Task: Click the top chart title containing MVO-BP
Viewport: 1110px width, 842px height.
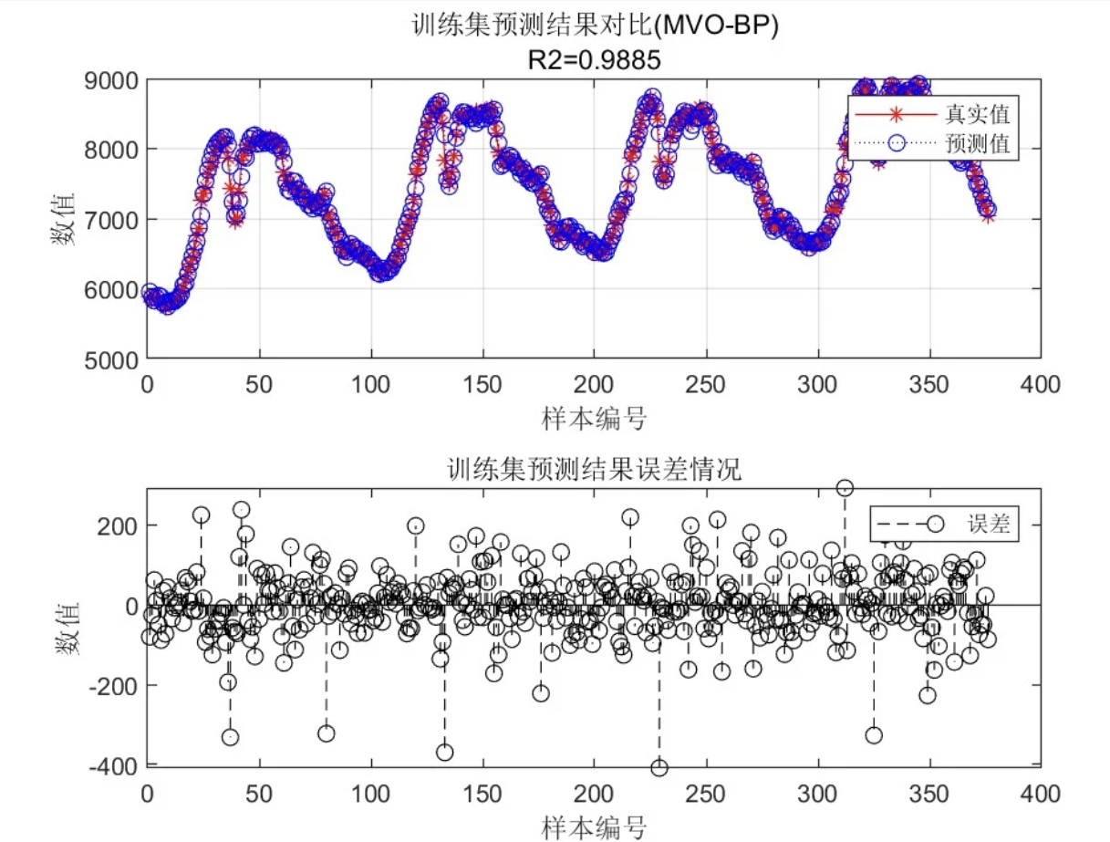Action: click(595, 26)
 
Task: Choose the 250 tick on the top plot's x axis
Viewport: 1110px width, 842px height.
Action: click(706, 384)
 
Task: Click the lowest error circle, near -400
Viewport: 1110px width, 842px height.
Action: click(659, 767)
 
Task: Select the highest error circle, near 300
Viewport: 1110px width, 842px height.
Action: click(845, 488)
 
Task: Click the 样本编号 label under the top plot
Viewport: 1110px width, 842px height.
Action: click(594, 419)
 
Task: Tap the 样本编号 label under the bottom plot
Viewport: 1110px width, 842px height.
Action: click(594, 826)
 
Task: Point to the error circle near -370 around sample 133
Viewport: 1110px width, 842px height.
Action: click(444, 752)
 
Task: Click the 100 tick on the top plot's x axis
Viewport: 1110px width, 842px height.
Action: click(370, 384)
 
